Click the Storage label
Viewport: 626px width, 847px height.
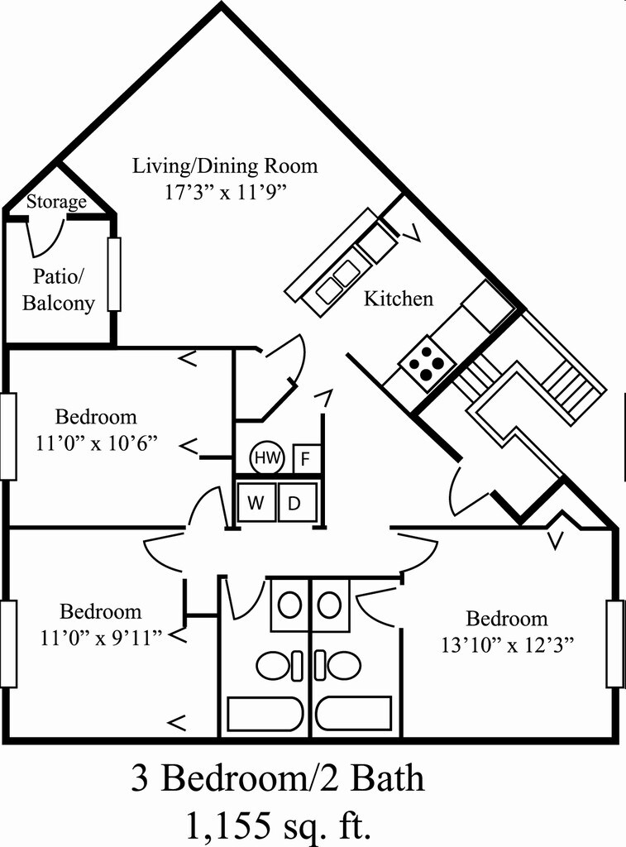pyautogui.click(x=56, y=202)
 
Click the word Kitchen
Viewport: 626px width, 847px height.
pyautogui.click(x=399, y=299)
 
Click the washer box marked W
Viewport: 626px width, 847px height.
pyautogui.click(x=256, y=503)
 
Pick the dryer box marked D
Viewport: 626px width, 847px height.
pyautogui.click(x=295, y=503)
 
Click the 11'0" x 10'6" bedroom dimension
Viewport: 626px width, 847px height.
pyautogui.click(x=97, y=443)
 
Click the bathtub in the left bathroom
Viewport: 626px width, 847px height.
pyautogui.click(x=265, y=714)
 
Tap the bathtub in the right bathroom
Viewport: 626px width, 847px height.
pyautogui.click(x=353, y=714)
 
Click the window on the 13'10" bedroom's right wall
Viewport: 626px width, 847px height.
pyautogui.click(x=614, y=644)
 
